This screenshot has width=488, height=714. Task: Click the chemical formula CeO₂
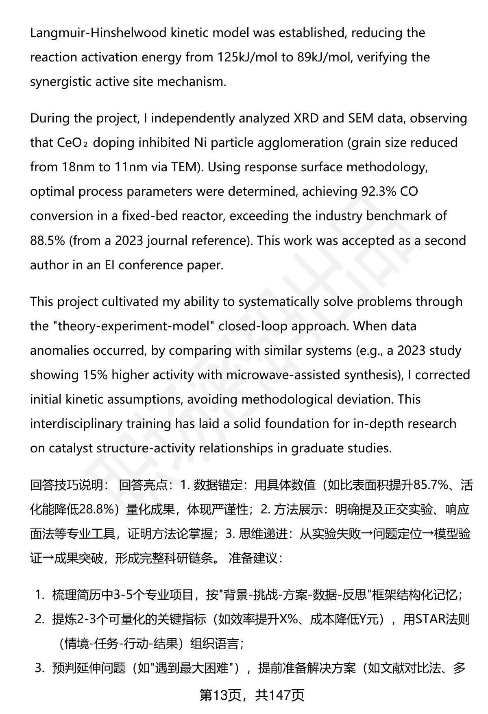[71, 143]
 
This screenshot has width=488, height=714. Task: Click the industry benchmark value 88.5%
[47, 240]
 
